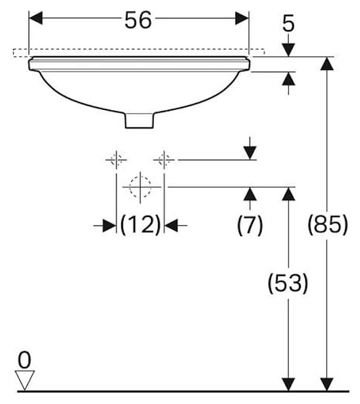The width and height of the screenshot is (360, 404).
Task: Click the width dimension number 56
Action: (x=138, y=20)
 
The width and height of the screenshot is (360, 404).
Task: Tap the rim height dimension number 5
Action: (x=288, y=24)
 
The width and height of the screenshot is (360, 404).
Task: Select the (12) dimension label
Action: (x=140, y=225)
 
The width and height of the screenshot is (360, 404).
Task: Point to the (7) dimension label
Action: (x=249, y=226)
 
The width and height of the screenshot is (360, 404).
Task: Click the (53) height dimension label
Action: (x=288, y=283)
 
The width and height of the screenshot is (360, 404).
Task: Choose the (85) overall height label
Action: (x=327, y=224)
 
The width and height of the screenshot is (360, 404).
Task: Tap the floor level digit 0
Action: (x=25, y=360)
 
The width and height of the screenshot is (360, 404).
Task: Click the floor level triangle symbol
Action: (x=25, y=380)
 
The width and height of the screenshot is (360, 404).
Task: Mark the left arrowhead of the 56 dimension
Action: (x=36, y=18)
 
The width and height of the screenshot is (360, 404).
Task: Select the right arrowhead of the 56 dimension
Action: (x=242, y=18)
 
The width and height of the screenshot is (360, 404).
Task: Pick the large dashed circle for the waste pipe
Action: (x=140, y=187)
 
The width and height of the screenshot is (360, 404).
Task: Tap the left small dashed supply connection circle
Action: (x=116, y=160)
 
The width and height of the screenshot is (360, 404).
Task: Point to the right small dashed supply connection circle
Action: (x=164, y=160)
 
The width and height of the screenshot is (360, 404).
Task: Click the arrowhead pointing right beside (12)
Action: (x=110, y=226)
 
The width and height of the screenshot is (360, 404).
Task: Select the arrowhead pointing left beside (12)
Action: (x=171, y=226)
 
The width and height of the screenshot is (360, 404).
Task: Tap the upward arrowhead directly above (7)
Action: (x=250, y=194)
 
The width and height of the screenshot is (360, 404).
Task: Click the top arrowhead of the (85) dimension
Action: (x=327, y=63)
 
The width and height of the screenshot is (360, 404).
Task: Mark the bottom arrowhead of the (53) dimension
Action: (x=288, y=384)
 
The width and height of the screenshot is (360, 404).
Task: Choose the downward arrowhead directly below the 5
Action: (x=288, y=50)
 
